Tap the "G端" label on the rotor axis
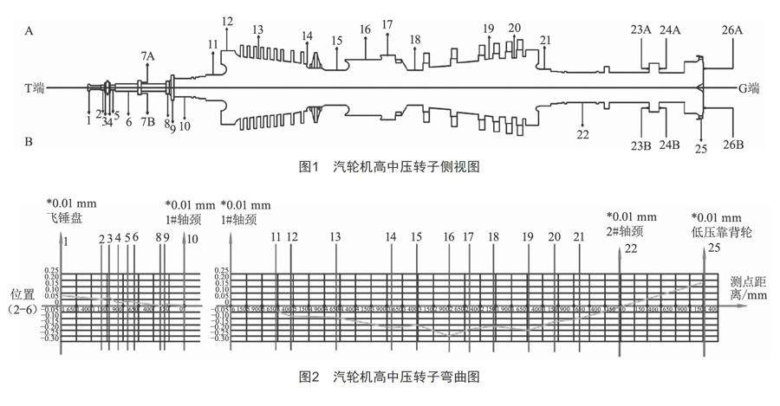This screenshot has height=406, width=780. tap(749, 87)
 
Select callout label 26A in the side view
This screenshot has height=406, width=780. tap(733, 30)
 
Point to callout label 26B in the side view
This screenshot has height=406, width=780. tap(733, 145)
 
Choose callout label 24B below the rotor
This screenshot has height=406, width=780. tap(670, 145)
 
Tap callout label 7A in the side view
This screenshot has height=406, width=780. tap(148, 56)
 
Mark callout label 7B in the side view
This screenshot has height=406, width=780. tap(148, 121)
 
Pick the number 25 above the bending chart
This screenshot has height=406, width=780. tap(714, 248)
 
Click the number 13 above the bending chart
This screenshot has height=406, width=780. tap(335, 236)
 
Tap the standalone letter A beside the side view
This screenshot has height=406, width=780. tap(29, 30)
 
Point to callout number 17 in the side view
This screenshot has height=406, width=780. tap(387, 24)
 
